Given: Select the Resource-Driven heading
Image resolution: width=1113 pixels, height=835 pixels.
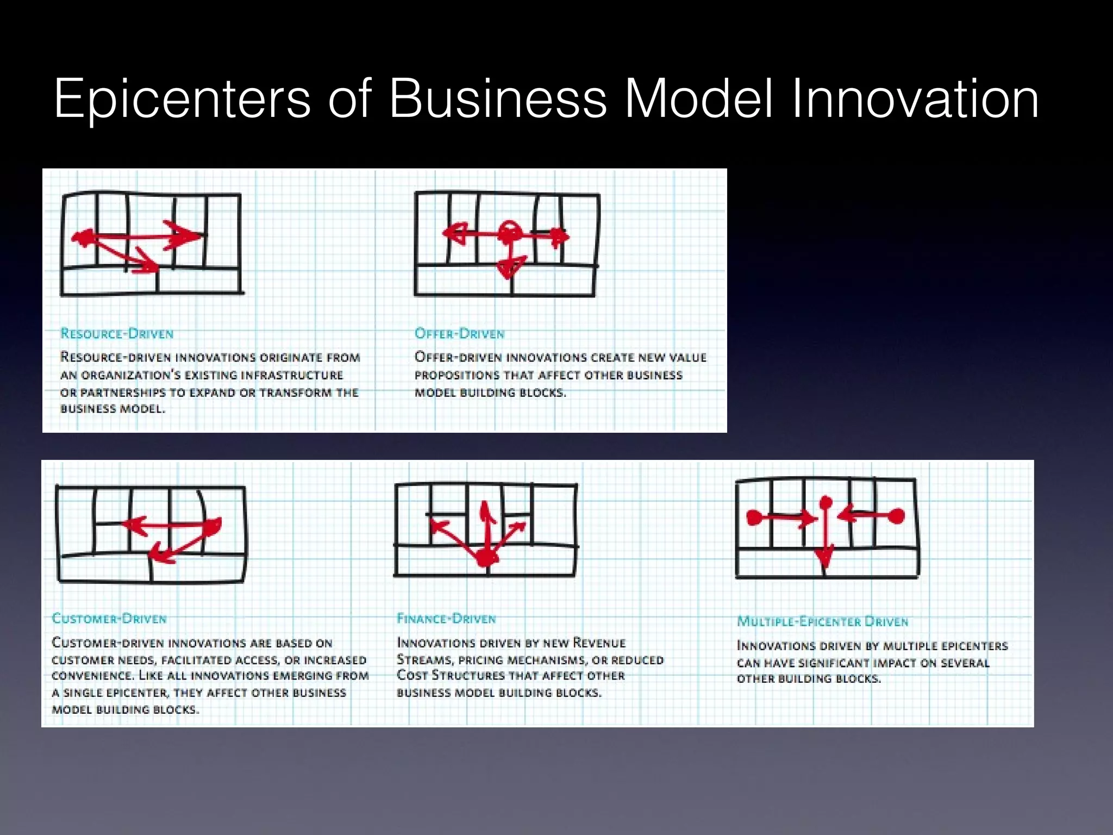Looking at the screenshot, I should tap(117, 333).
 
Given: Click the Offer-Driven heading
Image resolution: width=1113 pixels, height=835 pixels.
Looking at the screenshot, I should tap(459, 333).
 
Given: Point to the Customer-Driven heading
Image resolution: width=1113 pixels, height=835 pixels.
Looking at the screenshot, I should tap(109, 619).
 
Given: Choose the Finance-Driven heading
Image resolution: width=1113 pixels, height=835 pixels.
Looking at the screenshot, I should tap(446, 619).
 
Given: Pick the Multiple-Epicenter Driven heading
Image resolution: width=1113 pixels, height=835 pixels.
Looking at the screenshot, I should tap(822, 621).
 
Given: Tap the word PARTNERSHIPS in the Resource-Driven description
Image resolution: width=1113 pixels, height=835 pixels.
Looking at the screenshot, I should tap(123, 392).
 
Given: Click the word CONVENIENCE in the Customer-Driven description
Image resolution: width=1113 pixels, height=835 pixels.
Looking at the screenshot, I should tap(92, 676).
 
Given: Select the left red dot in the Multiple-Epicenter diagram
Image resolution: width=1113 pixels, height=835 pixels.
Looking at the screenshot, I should tap(753, 516).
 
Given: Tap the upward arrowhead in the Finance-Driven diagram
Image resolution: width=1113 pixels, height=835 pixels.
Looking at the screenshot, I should tap(485, 510).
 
